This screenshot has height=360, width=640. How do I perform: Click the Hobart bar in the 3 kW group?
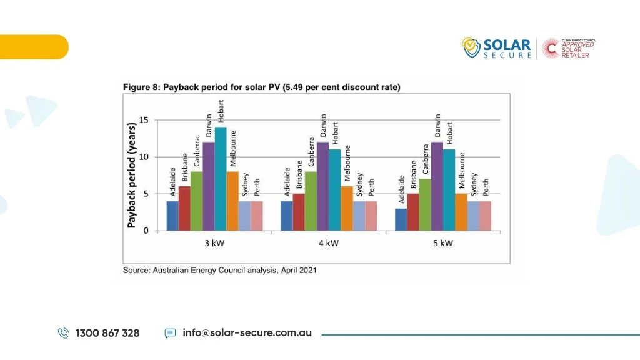(x=221, y=179)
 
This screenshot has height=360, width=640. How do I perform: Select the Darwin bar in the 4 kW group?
(x=322, y=186)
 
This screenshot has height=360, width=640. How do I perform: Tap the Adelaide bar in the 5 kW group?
(x=401, y=219)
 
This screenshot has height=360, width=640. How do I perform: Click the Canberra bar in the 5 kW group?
(x=425, y=204)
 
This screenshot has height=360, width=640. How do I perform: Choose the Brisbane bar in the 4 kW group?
(x=299, y=212)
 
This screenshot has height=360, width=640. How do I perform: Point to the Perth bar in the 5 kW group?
(x=486, y=216)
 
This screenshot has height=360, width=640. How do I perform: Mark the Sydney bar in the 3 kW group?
(x=244, y=216)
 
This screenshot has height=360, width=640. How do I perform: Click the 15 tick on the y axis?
(x=144, y=120)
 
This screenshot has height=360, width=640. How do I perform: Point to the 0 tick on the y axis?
(x=146, y=231)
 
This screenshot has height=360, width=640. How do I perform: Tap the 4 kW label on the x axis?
(x=328, y=243)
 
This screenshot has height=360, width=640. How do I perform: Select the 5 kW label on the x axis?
(x=442, y=243)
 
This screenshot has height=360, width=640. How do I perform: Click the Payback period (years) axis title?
(x=132, y=175)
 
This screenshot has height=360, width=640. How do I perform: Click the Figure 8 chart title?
(x=261, y=87)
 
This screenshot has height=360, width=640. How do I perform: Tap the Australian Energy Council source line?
(x=219, y=270)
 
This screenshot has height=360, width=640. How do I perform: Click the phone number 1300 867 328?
(x=107, y=333)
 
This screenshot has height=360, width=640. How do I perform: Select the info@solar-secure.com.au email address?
(x=247, y=332)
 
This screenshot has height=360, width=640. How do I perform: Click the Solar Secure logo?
(x=497, y=48)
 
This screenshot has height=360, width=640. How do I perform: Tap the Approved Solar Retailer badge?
(x=569, y=48)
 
